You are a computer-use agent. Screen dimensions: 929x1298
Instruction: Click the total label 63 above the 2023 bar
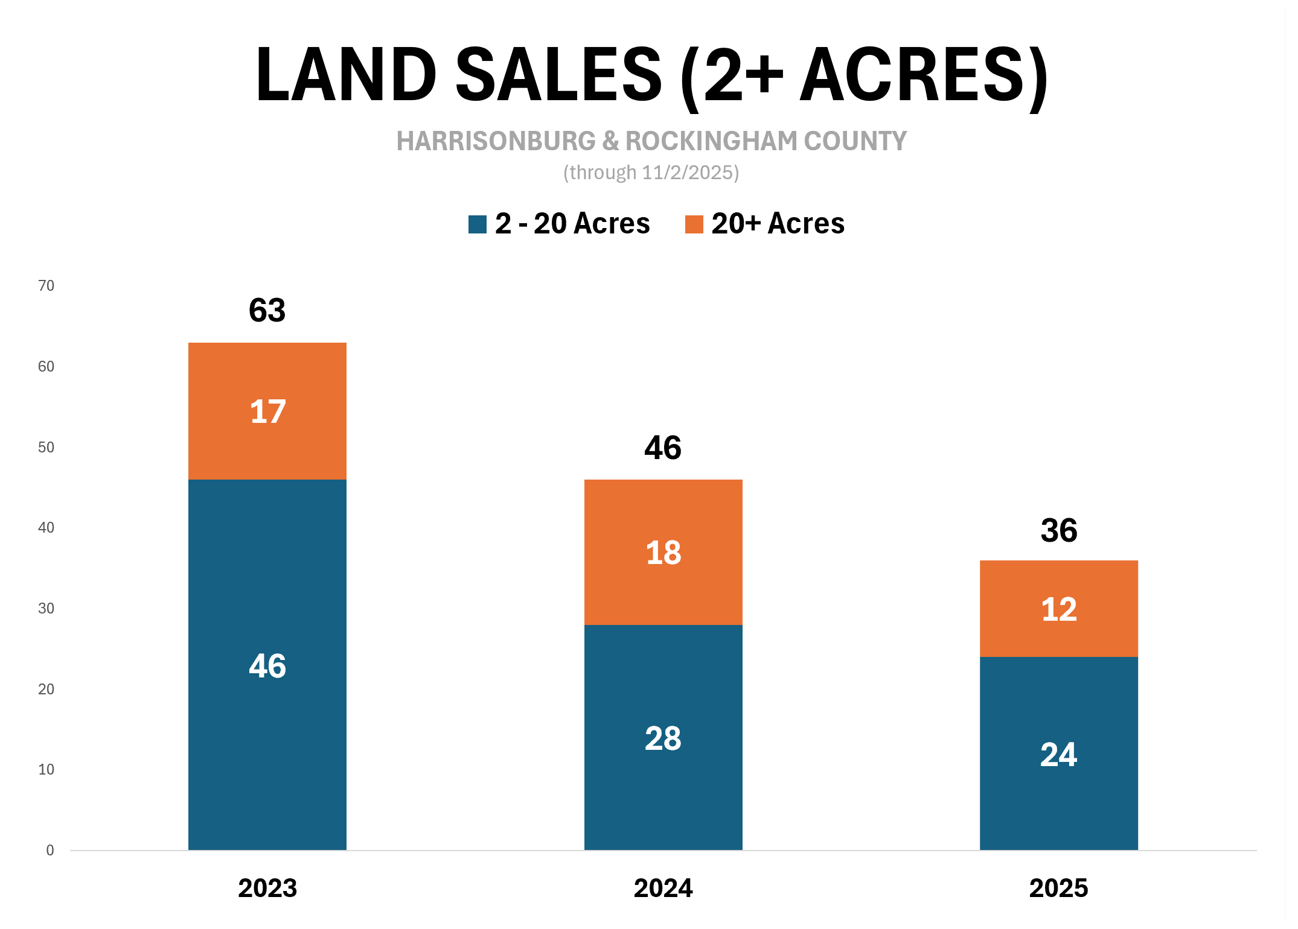click(267, 311)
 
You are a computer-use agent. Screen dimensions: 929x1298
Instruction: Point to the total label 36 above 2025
click(1058, 531)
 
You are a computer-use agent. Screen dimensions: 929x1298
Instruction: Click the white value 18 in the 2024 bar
click(663, 553)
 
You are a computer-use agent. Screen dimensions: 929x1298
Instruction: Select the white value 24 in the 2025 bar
click(1058, 755)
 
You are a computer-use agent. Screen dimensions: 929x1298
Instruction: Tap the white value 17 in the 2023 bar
click(267, 412)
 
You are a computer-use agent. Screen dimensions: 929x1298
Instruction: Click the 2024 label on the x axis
click(663, 888)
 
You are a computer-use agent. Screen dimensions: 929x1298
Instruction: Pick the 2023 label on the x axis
click(267, 888)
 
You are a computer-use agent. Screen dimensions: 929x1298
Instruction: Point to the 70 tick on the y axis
click(46, 285)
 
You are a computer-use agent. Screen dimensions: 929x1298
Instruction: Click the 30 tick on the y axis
click(46, 608)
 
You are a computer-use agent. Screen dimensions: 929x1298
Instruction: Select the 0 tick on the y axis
click(50, 850)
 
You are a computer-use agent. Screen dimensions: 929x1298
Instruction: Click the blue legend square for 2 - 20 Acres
click(477, 224)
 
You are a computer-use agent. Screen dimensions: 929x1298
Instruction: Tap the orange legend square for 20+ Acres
click(694, 224)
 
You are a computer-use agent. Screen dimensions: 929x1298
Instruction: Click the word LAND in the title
click(345, 75)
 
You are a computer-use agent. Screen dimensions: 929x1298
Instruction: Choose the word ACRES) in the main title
click(924, 75)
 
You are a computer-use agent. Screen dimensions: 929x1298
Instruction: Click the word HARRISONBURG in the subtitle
click(495, 141)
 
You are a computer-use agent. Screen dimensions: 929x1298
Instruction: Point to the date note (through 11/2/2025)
click(651, 173)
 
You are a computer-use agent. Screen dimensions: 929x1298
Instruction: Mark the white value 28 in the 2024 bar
click(663, 738)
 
